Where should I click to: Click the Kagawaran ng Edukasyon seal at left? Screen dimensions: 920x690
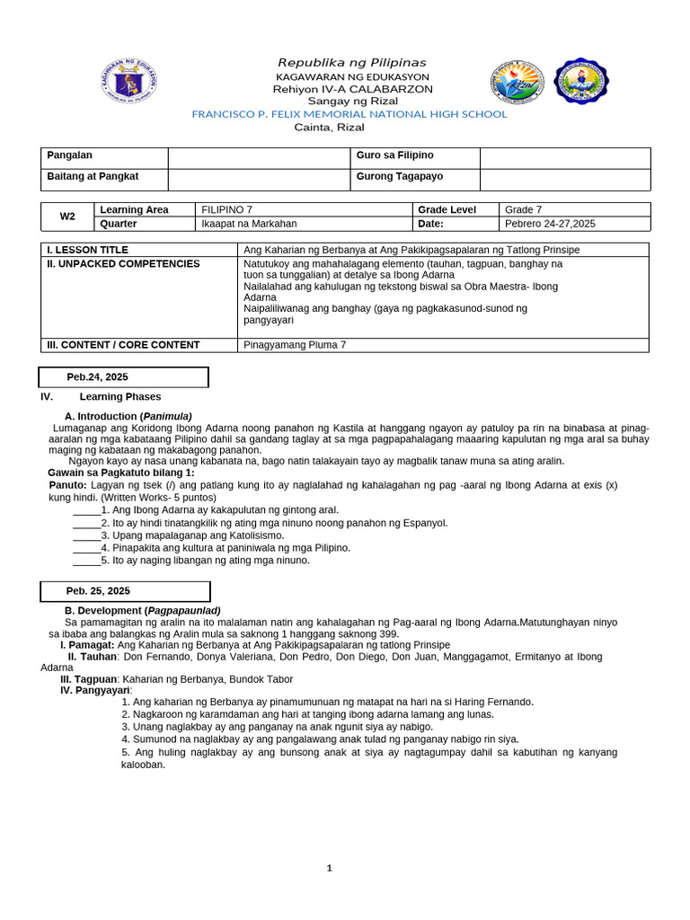pos(129,85)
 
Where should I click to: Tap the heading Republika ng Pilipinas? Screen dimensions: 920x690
pos(351,62)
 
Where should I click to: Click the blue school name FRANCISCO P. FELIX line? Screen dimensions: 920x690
pos(349,114)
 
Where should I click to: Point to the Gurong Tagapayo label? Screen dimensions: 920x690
pos(399,177)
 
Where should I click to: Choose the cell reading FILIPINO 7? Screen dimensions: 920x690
pos(226,209)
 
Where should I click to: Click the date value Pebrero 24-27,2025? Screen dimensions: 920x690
pos(550,224)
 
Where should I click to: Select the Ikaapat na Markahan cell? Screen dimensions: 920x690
pos(249,224)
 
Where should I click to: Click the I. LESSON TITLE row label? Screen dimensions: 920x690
pos(87,250)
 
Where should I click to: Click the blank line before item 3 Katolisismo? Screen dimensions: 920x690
pos(86,535)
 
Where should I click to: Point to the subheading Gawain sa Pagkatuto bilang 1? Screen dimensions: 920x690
pos(120,473)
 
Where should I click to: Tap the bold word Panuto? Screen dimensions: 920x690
pos(67,484)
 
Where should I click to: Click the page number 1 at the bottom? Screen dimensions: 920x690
pos(330,868)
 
